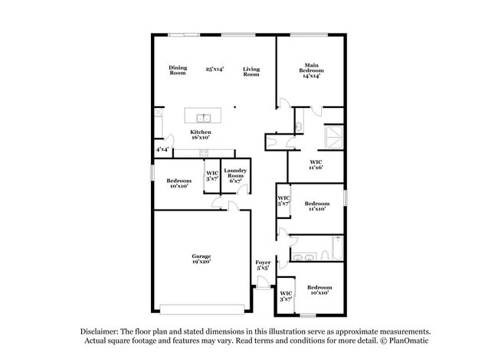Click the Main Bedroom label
click(311, 70)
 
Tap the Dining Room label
click(178, 70)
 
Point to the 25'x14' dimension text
click(215, 70)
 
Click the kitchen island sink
click(204, 118)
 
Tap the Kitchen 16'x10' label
click(201, 135)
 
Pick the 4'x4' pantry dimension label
click(163, 149)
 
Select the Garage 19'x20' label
click(201, 259)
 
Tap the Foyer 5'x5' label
click(262, 265)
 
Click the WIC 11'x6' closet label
click(316, 164)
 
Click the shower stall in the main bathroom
click(333, 137)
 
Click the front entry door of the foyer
click(262, 285)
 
